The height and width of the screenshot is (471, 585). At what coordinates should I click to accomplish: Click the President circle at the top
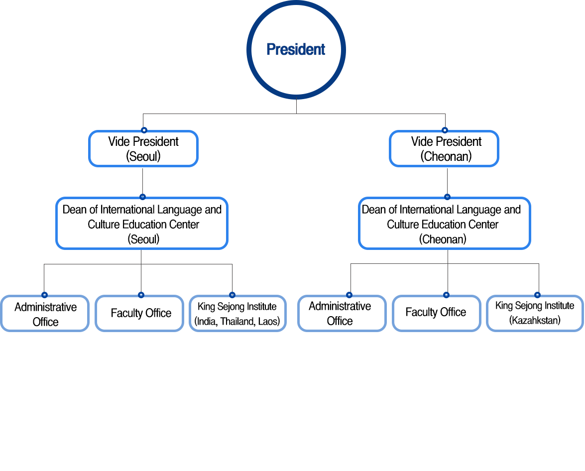(296, 50)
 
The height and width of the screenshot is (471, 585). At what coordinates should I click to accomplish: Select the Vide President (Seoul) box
(143, 149)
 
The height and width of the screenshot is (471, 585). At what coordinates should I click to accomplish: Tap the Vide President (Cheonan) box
(444, 149)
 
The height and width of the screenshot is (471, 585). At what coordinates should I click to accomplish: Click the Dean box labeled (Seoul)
(142, 224)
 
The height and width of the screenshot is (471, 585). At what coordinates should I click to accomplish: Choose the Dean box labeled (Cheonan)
(444, 224)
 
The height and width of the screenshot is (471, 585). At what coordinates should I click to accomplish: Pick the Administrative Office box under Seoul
(45, 314)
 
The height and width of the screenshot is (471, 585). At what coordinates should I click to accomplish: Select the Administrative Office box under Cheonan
(342, 314)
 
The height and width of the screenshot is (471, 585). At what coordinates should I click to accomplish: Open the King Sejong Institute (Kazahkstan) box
(535, 313)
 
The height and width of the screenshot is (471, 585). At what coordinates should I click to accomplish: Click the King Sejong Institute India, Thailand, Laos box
(237, 314)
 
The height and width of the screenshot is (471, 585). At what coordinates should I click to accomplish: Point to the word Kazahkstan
(535, 321)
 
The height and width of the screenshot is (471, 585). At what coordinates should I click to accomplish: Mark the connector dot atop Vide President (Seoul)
(143, 130)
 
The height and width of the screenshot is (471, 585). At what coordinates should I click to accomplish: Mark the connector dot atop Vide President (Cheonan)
(445, 130)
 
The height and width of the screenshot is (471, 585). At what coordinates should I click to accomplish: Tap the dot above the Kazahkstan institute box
(537, 295)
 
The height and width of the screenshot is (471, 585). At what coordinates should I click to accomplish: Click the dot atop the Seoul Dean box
(142, 197)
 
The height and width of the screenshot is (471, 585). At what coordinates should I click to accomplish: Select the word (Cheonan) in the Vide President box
(446, 156)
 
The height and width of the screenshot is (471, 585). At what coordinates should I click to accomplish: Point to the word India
(207, 322)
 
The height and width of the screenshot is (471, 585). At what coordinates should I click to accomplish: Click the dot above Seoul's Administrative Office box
(44, 295)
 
